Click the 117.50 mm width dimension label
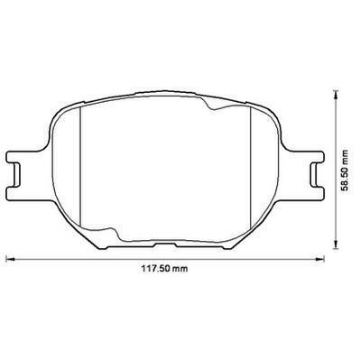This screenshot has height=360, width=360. coord(164,268)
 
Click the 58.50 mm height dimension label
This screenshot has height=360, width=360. coord(346,170)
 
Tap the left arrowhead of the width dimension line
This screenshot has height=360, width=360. coord(10,258)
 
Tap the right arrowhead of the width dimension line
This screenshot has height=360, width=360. coord(320,258)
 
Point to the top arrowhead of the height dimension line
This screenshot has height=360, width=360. coord(336,93)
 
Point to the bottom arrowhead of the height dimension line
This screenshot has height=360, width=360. coord(336,245)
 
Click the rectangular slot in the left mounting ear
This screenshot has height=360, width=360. coord(16,175)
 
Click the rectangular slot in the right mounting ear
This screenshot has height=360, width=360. coord(315,175)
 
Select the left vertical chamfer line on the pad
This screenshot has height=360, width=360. coord(80,166)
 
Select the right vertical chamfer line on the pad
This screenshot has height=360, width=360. coord(251,166)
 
